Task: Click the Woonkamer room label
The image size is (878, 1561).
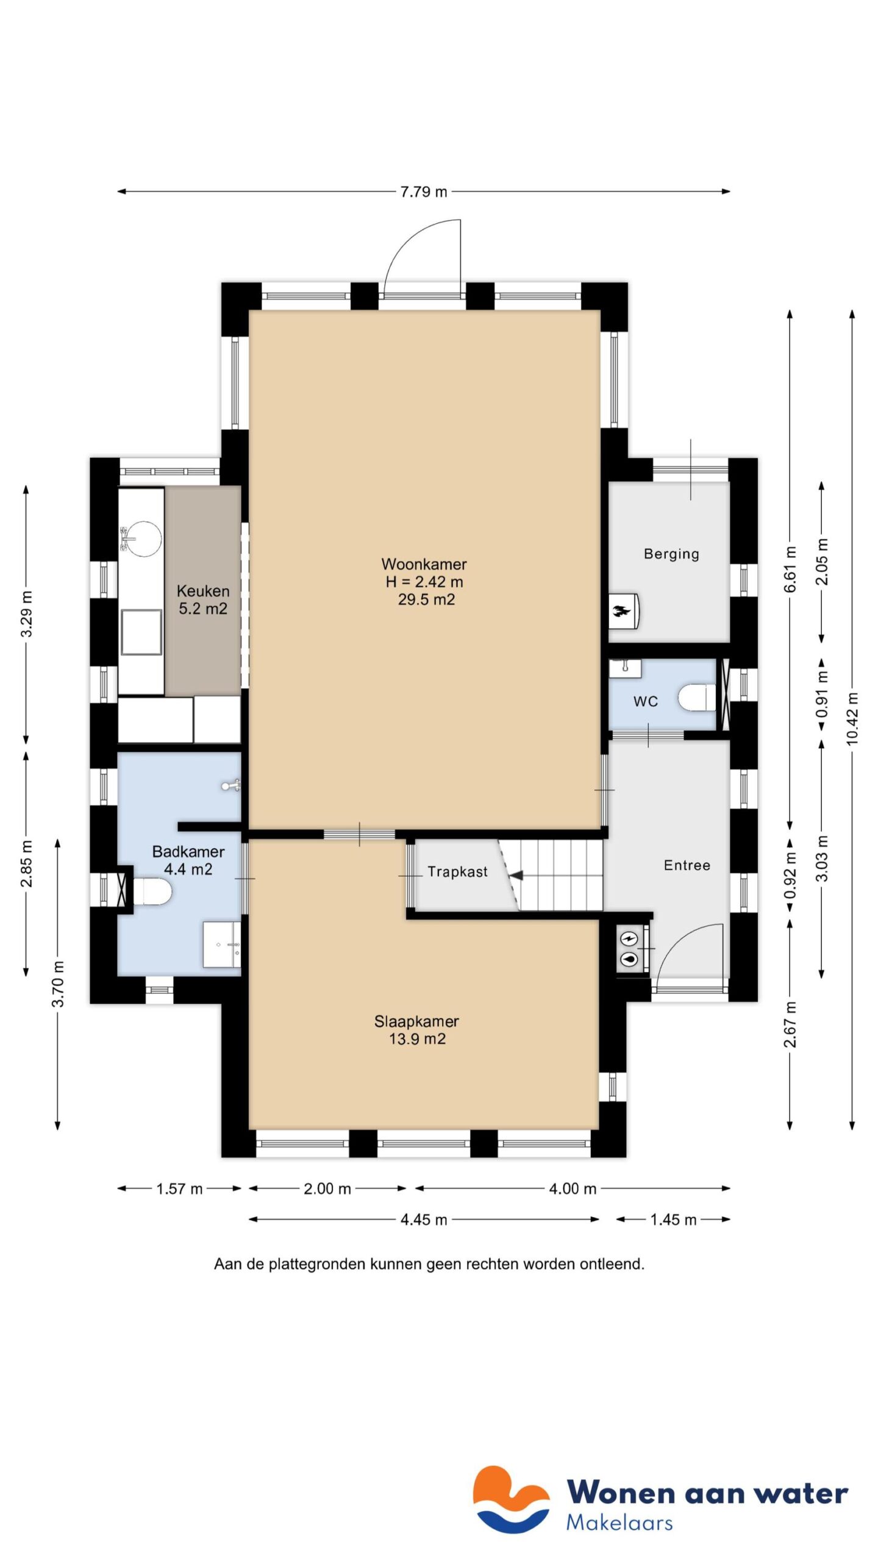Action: point(424,564)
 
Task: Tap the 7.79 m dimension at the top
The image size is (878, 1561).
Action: point(424,191)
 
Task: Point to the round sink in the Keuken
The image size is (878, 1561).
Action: point(144,538)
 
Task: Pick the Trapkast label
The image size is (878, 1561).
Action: point(457,872)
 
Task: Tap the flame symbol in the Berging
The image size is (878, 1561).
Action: point(620,610)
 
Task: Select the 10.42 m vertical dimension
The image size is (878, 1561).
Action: point(852,718)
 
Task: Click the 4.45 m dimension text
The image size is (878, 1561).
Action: point(424,1220)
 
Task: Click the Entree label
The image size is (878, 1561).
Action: point(687,865)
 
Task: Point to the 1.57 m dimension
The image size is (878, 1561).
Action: point(179,1188)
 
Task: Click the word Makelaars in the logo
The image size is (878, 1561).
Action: point(619,1523)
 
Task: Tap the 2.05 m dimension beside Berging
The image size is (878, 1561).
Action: point(822,562)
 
